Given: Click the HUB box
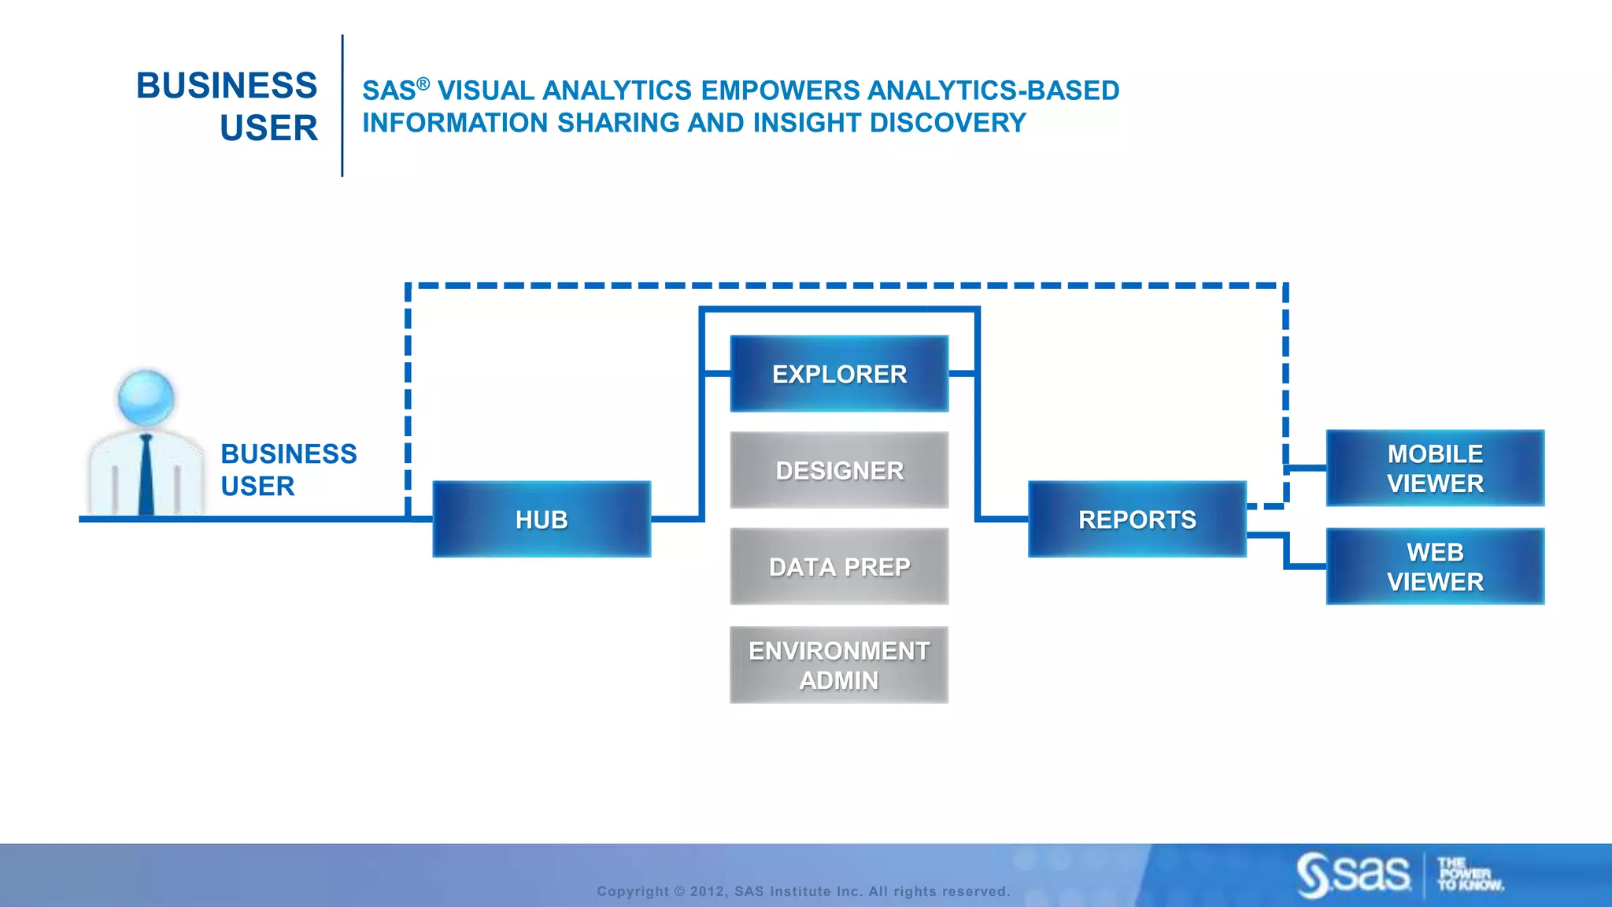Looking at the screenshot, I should (542, 519).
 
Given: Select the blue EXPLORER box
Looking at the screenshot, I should (839, 374).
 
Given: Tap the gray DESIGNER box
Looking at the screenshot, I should (839, 470).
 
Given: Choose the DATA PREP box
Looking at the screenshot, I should (839, 567).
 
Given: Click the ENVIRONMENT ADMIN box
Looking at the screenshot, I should (839, 665).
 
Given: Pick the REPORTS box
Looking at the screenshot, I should (1137, 519).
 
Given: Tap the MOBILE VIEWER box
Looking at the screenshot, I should (1435, 468).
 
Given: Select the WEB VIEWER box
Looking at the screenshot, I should (1435, 566).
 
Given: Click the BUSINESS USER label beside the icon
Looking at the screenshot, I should (288, 469).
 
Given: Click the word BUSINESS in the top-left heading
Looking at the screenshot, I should (227, 85).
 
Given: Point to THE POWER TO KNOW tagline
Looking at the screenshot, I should (1469, 875).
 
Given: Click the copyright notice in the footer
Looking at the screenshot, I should (803, 891).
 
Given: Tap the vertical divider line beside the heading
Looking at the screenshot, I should (342, 106).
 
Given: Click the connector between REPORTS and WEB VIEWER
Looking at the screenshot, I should (1287, 551).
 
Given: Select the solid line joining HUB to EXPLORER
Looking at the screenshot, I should (701, 449).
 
